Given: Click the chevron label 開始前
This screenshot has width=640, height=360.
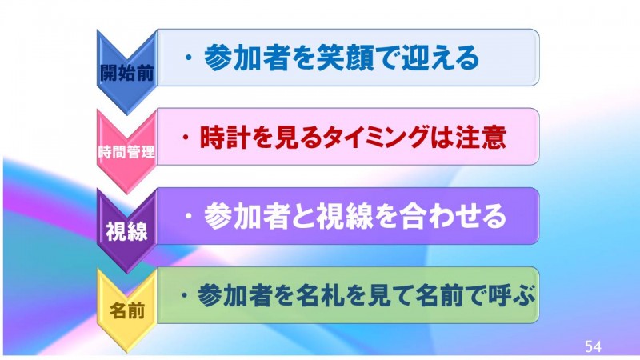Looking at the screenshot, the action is coord(127,73).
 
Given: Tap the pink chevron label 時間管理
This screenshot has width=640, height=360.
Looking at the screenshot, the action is coord(127,152).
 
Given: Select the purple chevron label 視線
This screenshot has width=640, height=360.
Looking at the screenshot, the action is coord(127,231).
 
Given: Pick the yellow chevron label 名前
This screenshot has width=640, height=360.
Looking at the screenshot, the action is coord(127,311).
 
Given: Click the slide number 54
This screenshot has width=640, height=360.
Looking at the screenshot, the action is coord(593,346).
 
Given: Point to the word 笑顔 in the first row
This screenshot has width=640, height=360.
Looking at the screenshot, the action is coord(346,58).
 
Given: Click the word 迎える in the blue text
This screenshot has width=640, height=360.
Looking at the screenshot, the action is coord(441,58).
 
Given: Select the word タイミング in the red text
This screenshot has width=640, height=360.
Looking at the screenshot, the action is coord(375,137).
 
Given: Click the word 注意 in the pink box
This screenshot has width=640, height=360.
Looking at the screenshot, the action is coord(481,137).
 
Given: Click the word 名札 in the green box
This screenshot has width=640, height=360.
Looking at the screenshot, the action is coord(319,295).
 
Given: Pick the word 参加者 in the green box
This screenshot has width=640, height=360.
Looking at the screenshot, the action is coord(234,295).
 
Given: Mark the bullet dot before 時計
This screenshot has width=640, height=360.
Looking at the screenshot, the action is coord(186,137).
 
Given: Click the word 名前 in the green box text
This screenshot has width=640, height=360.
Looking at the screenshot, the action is coord(438,295).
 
